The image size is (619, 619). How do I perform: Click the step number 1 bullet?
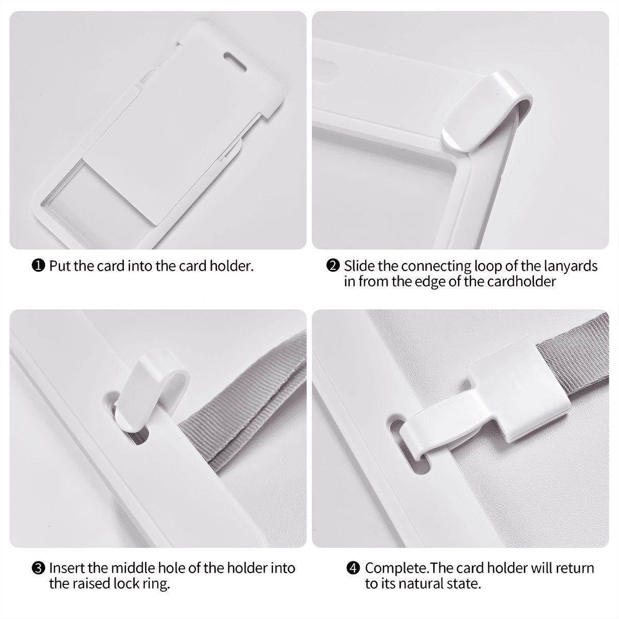(38, 266)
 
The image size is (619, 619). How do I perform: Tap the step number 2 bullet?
(333, 266)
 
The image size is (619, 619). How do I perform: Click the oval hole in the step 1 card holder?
(235, 62)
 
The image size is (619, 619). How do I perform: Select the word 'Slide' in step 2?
(359, 266)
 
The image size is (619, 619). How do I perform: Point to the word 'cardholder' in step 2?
(521, 282)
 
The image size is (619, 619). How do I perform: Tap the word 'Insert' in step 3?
(66, 568)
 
